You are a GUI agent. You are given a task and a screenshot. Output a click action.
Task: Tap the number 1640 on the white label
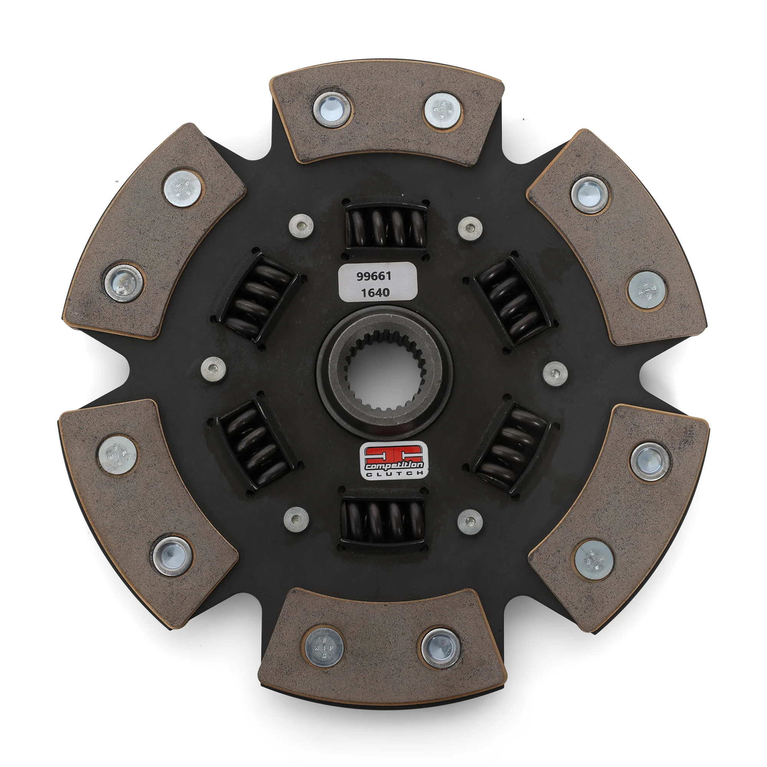coord(374,293)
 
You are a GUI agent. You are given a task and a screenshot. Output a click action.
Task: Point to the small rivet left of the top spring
coord(301,226)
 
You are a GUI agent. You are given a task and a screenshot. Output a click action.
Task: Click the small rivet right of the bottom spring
coord(470,521)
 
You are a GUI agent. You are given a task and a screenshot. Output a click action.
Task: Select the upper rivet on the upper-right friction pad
coord(589,195)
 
